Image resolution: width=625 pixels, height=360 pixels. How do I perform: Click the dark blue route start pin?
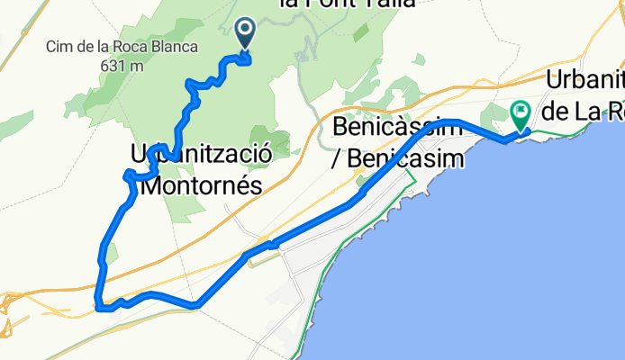coord(244,32)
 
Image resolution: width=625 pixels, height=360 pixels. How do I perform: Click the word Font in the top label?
coord(332,4)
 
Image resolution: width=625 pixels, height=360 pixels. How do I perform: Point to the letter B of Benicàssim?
coord(340,126)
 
